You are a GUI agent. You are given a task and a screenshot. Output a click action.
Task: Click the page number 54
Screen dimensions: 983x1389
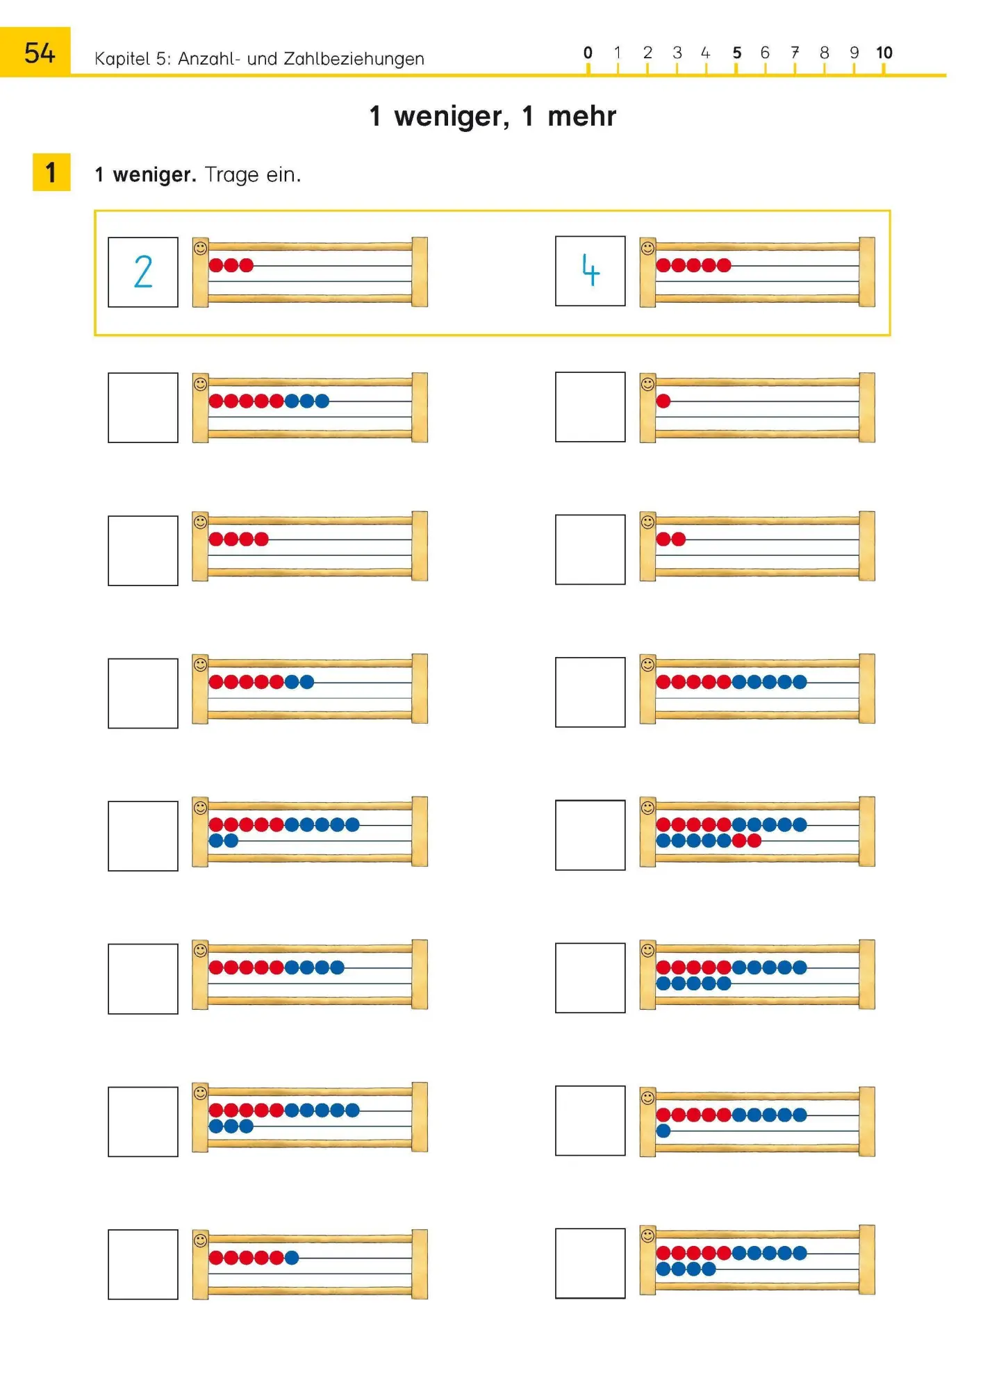click(x=40, y=53)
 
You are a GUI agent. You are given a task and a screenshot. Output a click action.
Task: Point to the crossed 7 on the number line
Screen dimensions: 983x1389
click(x=795, y=53)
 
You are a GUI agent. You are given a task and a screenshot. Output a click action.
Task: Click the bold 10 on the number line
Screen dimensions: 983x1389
click(x=884, y=53)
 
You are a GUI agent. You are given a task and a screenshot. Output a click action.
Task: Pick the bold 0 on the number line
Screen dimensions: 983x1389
click(x=588, y=53)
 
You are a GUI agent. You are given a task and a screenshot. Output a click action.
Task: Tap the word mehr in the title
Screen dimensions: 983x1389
click(x=581, y=116)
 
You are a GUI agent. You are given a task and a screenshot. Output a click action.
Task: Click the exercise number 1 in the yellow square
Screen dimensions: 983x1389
click(x=51, y=172)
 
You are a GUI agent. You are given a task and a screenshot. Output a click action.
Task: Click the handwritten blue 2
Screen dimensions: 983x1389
click(x=143, y=272)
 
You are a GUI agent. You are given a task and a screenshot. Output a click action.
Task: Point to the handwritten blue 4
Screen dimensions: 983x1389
click(x=590, y=270)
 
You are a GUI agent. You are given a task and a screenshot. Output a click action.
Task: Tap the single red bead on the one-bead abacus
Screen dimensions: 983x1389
click(x=663, y=401)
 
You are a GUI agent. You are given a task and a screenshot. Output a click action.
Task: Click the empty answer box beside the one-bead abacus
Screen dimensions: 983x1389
click(x=590, y=407)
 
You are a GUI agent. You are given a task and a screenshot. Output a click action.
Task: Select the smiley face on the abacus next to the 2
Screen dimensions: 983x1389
click(x=200, y=248)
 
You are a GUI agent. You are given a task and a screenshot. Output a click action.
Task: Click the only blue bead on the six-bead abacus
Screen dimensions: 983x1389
click(x=292, y=1257)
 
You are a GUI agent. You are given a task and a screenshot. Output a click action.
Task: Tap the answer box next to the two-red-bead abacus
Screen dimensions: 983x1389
click(x=590, y=549)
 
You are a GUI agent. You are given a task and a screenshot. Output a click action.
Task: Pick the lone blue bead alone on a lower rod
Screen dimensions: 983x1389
click(x=663, y=1131)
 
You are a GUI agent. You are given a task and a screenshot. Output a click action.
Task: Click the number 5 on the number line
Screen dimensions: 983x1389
click(x=737, y=53)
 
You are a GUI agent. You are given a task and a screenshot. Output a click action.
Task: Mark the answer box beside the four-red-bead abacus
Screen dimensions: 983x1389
click(x=143, y=551)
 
